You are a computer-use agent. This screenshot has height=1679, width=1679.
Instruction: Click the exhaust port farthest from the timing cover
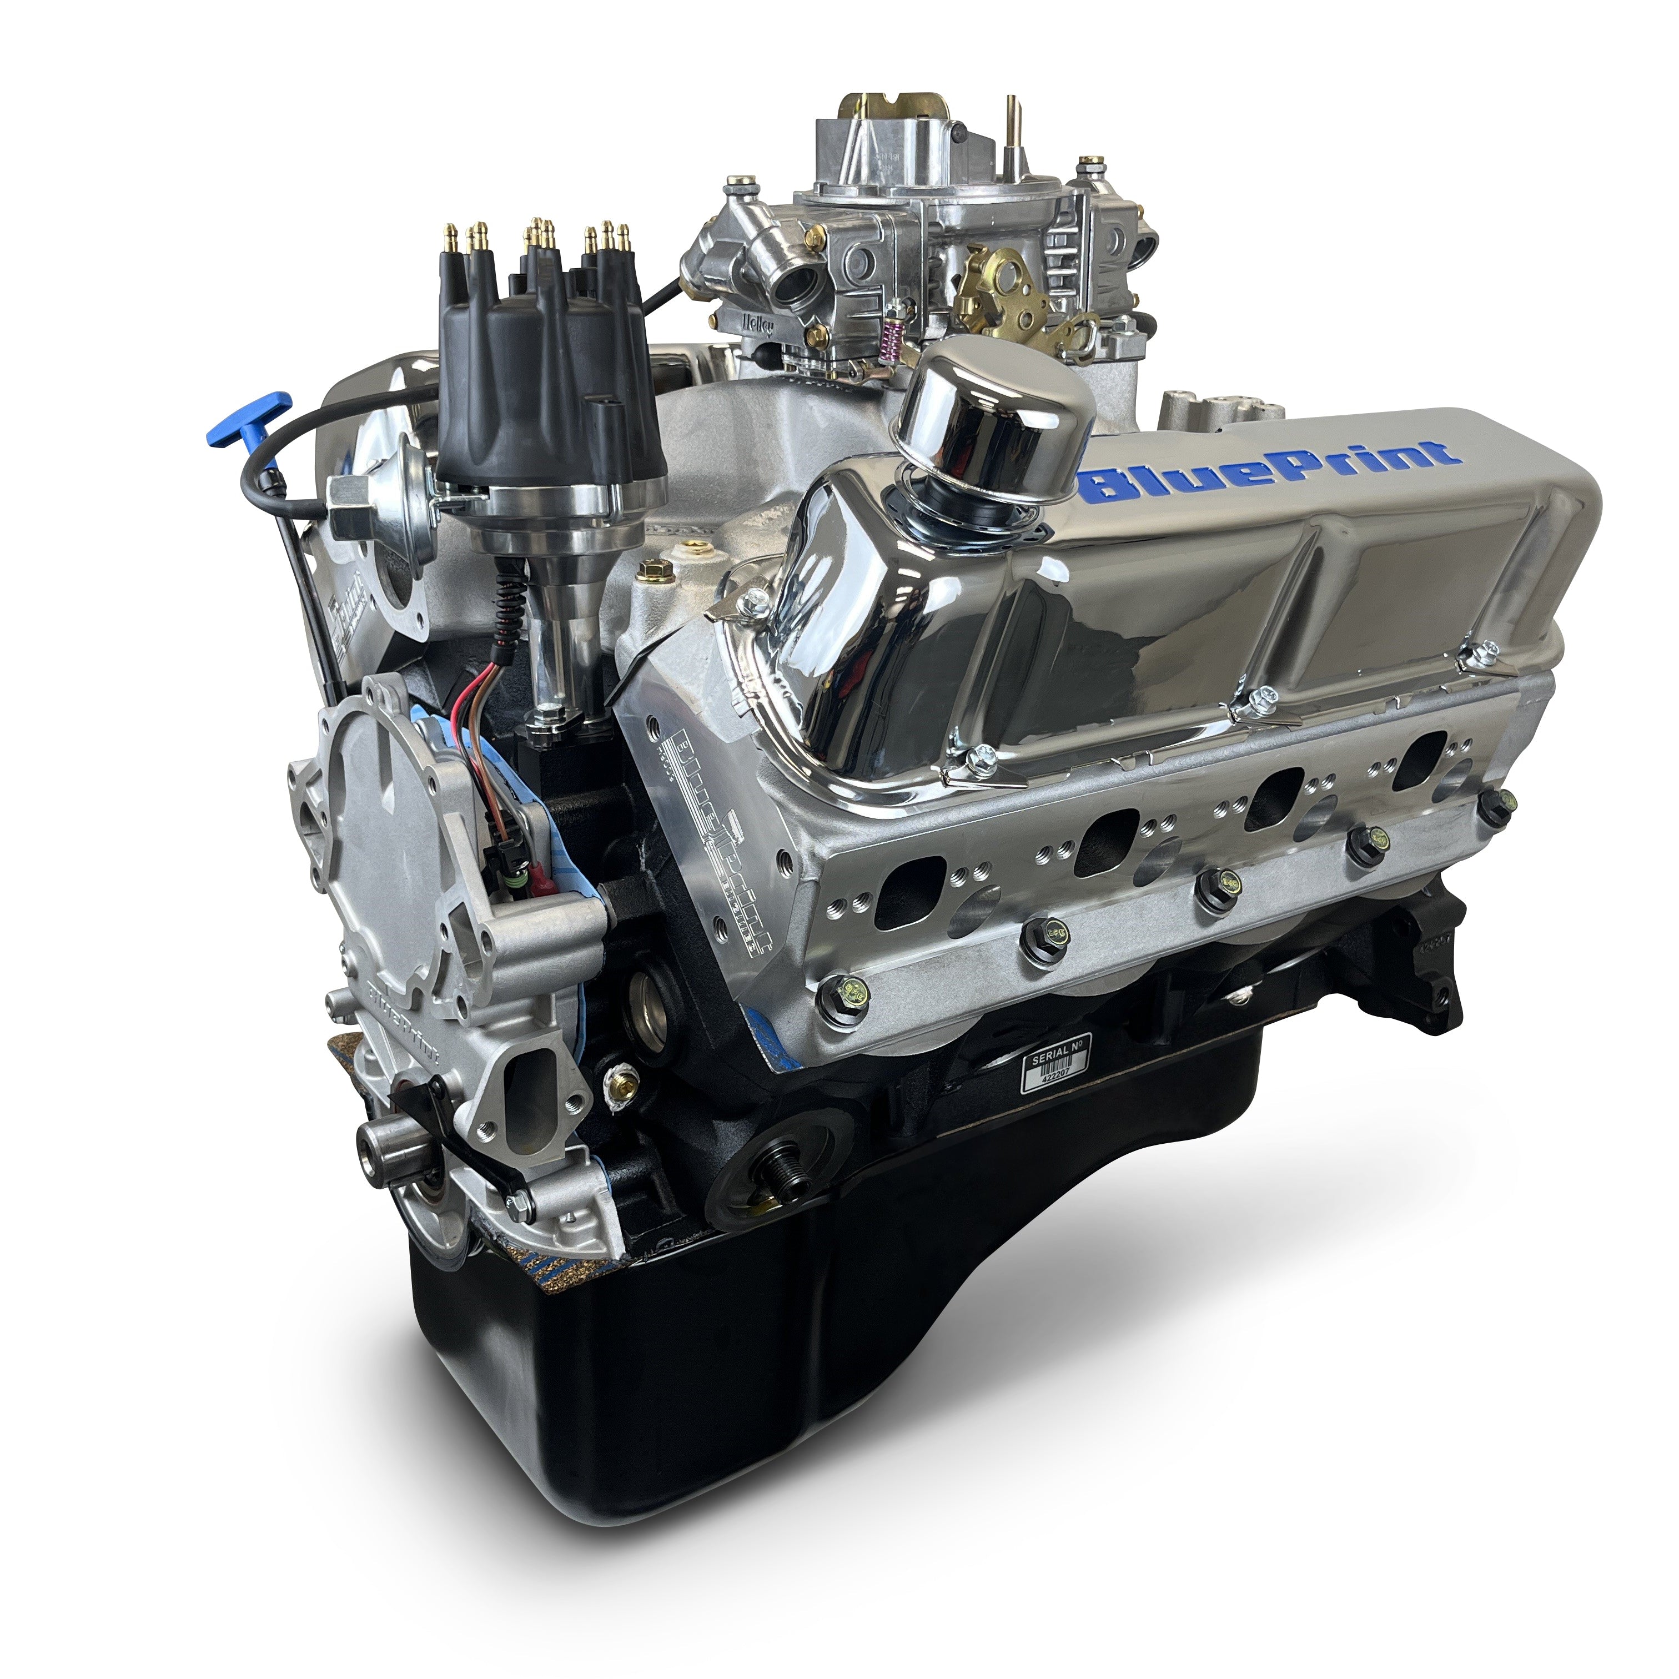click(1422, 749)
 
